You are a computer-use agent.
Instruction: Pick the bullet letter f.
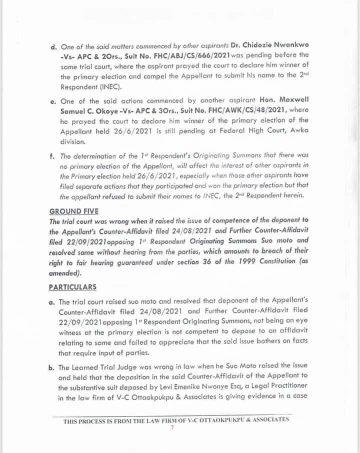52,155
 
